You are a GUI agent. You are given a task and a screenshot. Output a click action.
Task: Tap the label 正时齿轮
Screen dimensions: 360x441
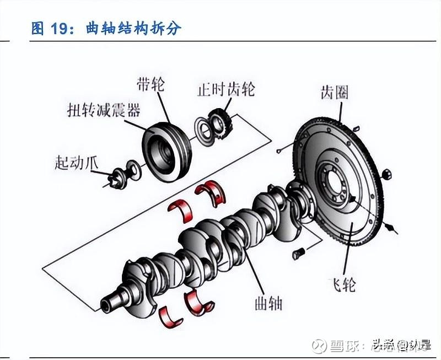click(x=227, y=89)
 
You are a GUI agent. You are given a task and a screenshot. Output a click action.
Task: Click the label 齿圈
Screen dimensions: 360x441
click(x=335, y=92)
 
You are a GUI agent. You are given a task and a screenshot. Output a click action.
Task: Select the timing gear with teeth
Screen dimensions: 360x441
click(x=221, y=122)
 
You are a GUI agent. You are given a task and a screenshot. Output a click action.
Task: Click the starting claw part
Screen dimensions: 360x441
click(x=117, y=178)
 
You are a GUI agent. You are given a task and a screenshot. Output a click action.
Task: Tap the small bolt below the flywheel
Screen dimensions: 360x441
click(x=298, y=254)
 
